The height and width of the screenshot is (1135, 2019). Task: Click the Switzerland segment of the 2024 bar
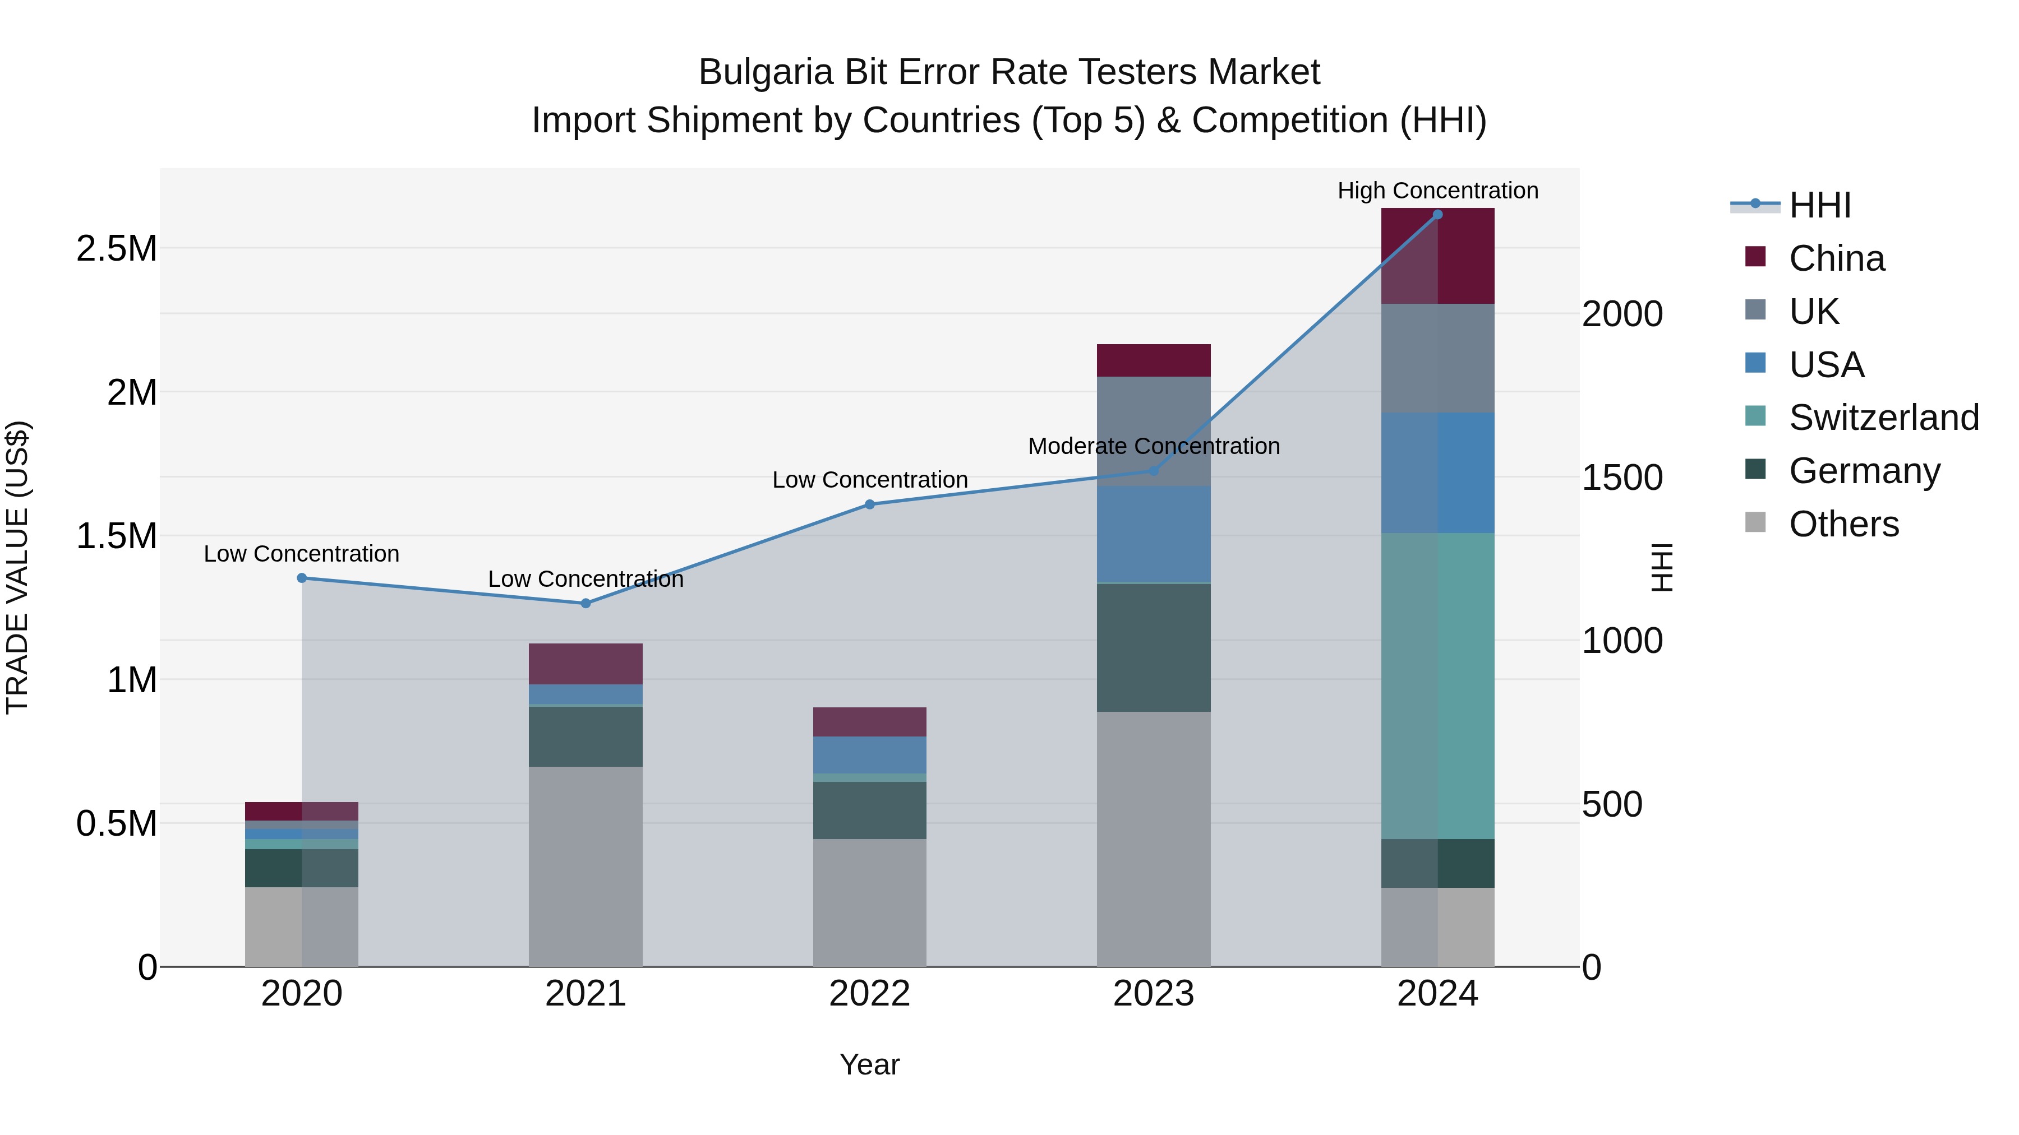[x=1437, y=685]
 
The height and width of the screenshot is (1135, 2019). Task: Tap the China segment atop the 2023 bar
[x=1153, y=360]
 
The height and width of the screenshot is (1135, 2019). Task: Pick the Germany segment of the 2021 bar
[x=586, y=736]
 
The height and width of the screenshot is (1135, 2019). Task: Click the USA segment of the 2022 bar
[x=869, y=754]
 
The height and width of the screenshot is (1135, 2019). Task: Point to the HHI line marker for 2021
[x=586, y=603]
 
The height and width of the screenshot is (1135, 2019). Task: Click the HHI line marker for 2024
[x=1437, y=215]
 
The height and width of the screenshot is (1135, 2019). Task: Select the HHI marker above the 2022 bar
[x=869, y=504]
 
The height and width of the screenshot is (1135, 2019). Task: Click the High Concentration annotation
[x=1437, y=191]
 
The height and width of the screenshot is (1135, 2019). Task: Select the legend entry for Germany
[x=1864, y=470]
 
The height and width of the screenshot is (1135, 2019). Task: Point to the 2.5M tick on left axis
[x=116, y=248]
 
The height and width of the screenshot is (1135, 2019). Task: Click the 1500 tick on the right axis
[x=1621, y=477]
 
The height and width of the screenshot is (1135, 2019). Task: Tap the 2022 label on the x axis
[x=869, y=994]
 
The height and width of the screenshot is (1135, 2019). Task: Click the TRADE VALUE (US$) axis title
[x=17, y=567]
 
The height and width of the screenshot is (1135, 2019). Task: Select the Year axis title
[x=869, y=1064]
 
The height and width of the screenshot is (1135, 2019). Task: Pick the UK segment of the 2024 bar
[x=1437, y=358]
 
